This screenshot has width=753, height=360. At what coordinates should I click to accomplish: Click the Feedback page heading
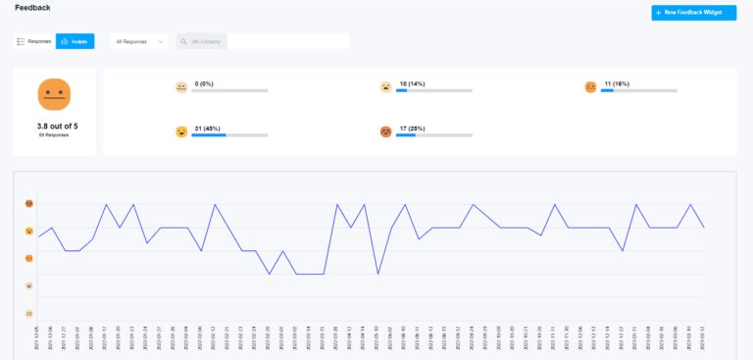coord(32,8)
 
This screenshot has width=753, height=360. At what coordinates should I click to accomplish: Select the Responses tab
coord(34,41)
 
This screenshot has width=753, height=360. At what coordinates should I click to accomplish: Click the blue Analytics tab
coord(75,41)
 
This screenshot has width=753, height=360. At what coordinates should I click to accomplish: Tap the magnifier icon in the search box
coord(184,41)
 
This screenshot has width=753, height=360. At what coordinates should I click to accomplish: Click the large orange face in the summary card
coord(54,94)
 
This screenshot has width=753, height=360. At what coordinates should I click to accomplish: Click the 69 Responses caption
coord(54,134)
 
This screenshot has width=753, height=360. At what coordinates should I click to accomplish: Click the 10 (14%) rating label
coord(413,83)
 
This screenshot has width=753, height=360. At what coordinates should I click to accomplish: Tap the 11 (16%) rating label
coord(617,83)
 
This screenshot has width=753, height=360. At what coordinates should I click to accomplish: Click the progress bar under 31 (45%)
coord(229,135)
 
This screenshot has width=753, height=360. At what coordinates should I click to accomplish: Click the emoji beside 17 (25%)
coord(385,131)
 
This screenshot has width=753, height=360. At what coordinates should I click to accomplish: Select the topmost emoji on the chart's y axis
coord(30,204)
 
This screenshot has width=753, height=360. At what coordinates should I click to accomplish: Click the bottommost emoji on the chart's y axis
coord(30,313)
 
